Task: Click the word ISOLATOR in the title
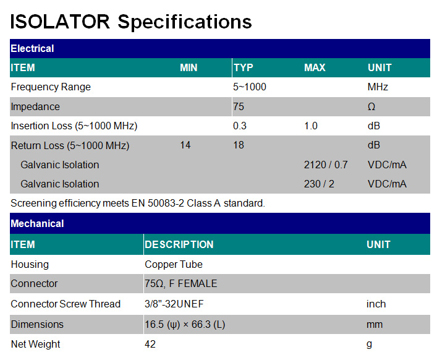[60, 22]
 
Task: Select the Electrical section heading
[32, 48]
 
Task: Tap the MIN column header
[189, 68]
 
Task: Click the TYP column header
[244, 68]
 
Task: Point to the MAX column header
[315, 68]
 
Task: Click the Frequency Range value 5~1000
[250, 87]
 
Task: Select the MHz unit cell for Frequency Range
[378, 87]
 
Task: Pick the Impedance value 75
[239, 106]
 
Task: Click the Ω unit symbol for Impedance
[371, 106]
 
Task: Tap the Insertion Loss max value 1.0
[311, 126]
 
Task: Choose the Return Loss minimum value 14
[185, 145]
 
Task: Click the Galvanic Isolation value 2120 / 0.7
[326, 165]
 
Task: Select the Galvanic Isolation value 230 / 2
[319, 184]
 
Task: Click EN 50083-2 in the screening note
[158, 204]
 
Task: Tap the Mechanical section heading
[37, 224]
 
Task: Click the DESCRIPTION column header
[179, 244]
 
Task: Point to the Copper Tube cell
[173, 264]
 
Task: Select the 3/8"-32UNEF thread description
[174, 304]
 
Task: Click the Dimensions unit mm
[375, 325]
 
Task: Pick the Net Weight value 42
[150, 344]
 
